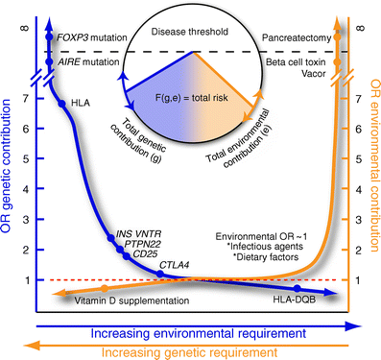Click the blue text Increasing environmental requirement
point(192,331)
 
